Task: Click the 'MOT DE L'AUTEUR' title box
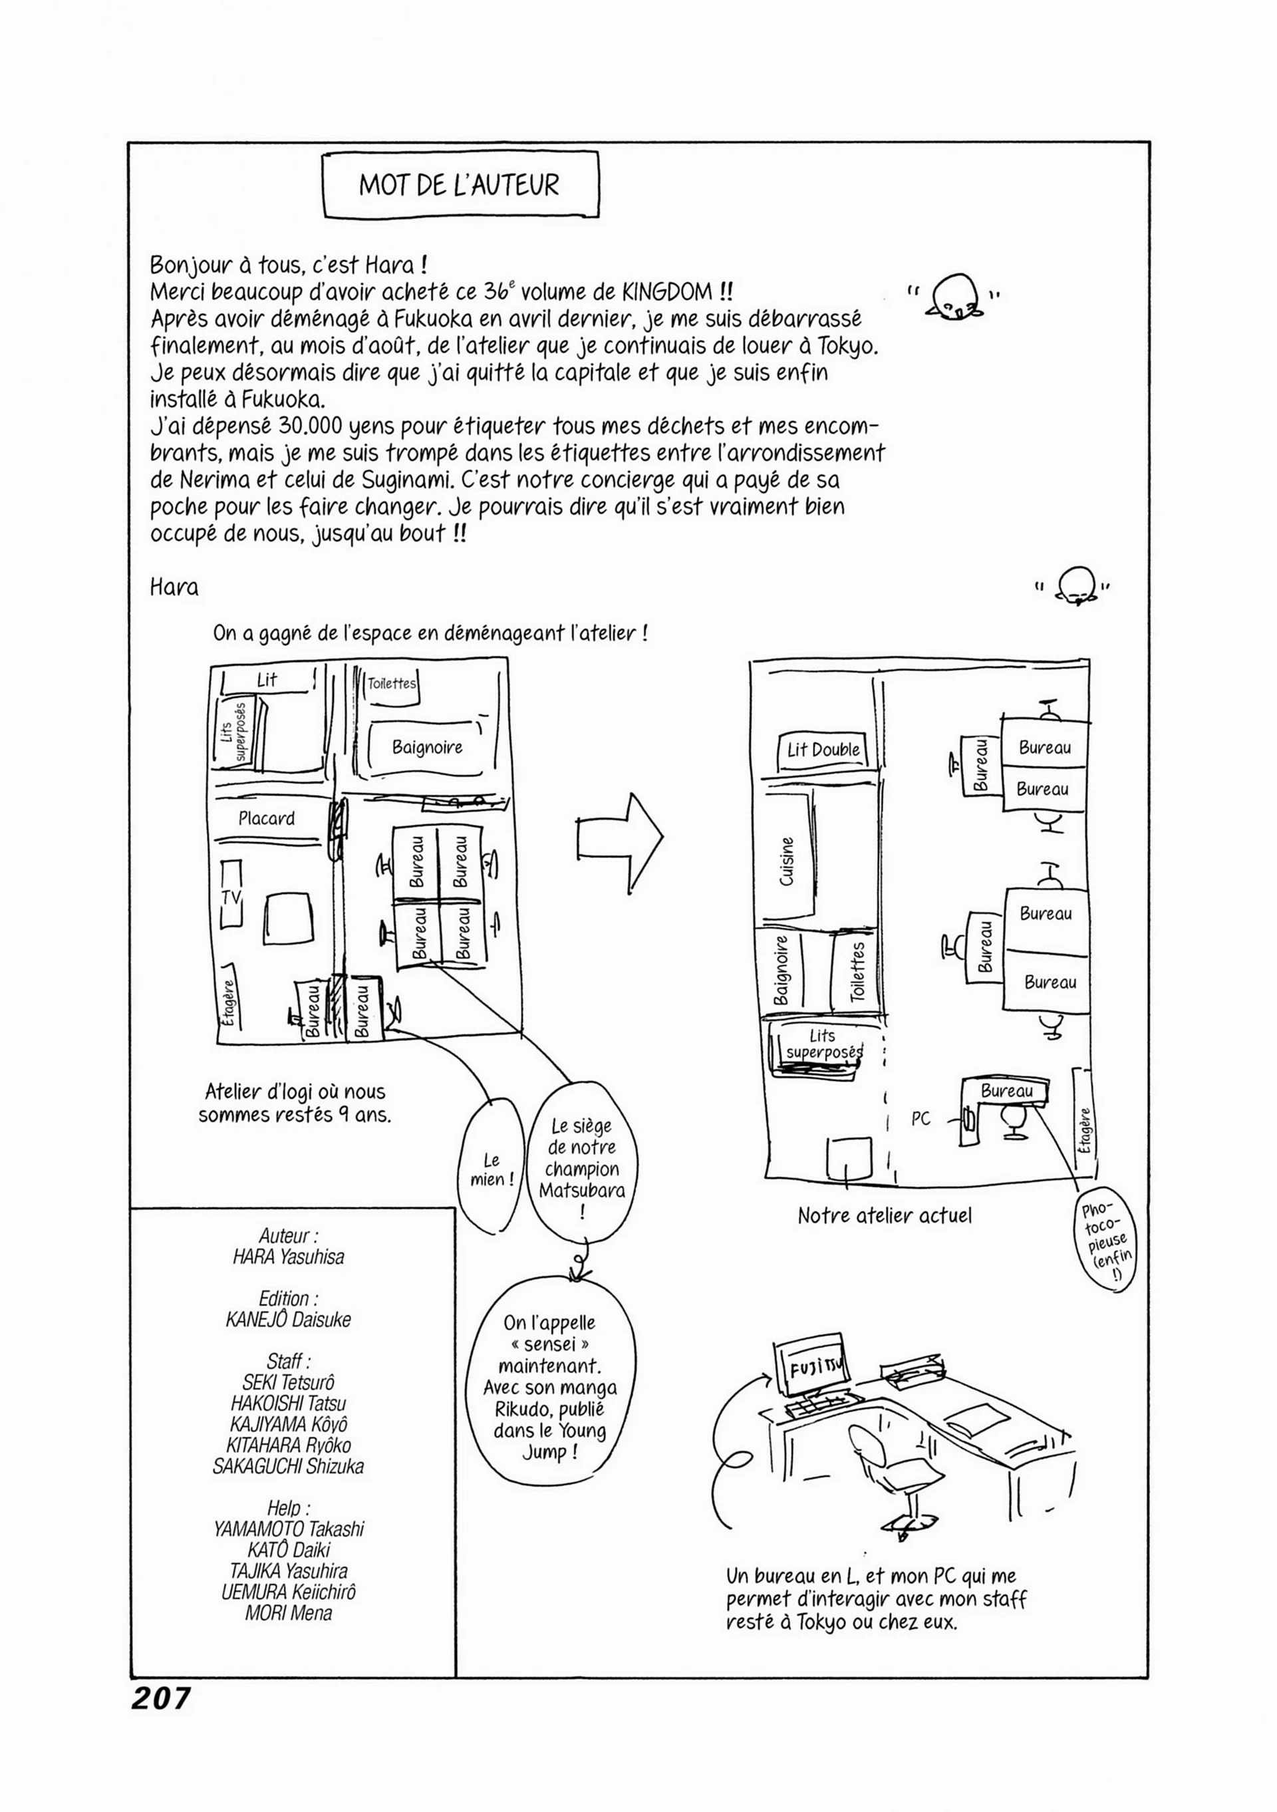461,185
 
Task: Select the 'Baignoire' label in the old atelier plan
427,746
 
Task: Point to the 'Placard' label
267,818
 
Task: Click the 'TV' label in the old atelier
231,897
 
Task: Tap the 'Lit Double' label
823,749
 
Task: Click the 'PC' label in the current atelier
921,1118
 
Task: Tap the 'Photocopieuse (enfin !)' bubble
1105,1241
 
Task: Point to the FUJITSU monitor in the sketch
811,1364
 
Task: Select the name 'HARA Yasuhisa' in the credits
288,1257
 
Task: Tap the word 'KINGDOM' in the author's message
668,292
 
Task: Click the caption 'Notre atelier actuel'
884,1215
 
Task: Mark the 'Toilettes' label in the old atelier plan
392,683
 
